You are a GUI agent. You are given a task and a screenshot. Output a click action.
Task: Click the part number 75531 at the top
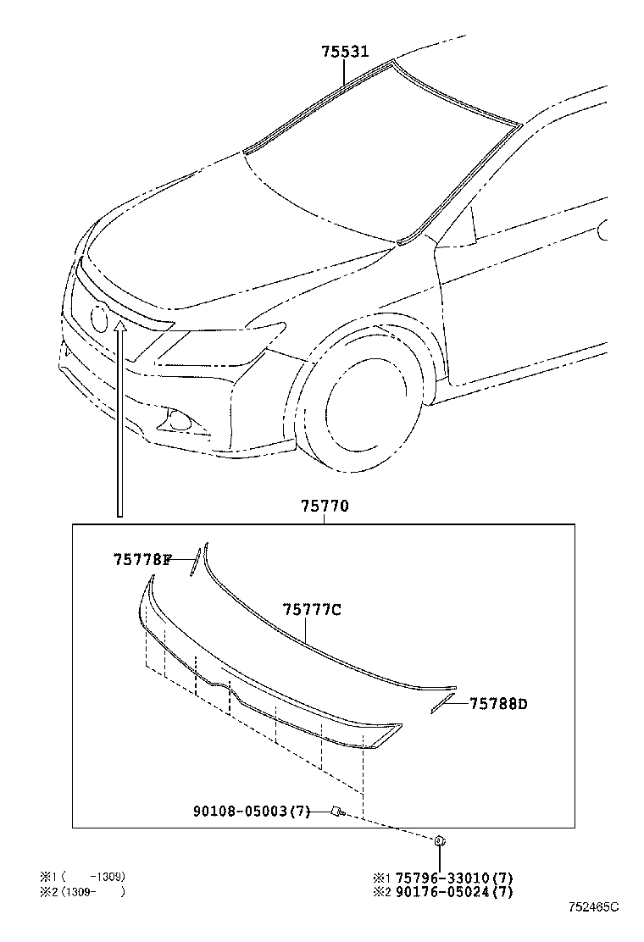[345, 52]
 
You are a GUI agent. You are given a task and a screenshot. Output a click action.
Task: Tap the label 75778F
[142, 559]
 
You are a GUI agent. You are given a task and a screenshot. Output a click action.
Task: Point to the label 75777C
[312, 609]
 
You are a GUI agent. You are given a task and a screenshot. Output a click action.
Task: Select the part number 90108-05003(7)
[253, 812]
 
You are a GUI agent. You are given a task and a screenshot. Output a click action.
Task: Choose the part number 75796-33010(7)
[456, 878]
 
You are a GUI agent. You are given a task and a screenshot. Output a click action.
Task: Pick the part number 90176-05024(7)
[456, 891]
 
